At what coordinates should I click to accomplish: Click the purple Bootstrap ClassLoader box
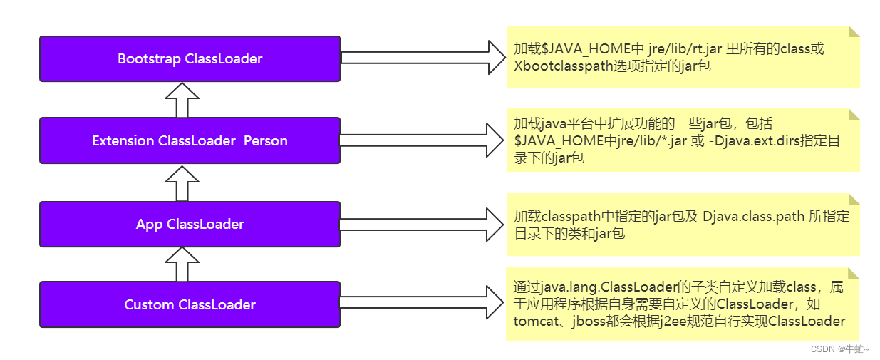[190, 58]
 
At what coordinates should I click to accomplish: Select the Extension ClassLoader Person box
[190, 141]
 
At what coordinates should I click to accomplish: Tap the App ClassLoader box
[190, 225]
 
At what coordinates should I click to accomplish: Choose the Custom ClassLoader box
[190, 305]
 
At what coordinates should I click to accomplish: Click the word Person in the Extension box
[266, 141]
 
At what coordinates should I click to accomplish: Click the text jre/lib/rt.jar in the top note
[684, 49]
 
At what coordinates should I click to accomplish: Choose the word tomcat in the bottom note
[534, 321]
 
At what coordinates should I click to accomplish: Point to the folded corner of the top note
[853, 32]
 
